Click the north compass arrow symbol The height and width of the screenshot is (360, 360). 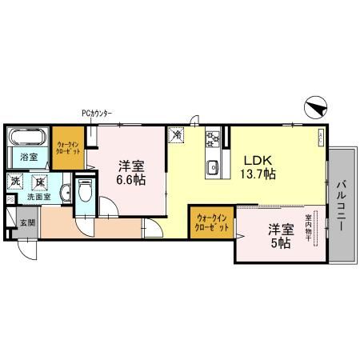point(317,106)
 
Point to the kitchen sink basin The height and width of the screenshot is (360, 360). point(214,168)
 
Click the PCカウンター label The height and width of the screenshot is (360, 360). point(96,113)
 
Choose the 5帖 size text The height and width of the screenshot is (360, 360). point(279,242)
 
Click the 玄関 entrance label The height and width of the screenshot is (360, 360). point(27,222)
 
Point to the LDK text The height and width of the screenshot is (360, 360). point(255,157)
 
